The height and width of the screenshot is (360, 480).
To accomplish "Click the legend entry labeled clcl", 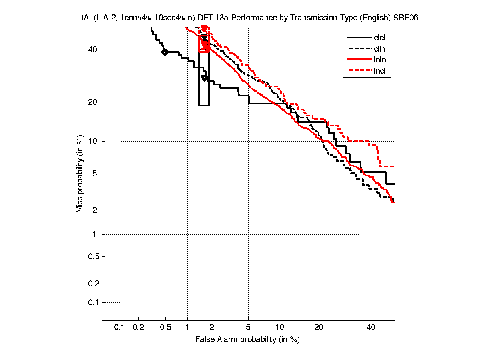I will point(380,38).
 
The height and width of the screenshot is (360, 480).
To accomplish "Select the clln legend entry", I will point(380,49).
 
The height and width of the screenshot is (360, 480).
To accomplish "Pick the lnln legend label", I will point(380,60).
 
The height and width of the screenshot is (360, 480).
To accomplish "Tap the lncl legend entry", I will point(380,72).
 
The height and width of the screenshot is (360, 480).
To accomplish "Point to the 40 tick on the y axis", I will point(92,50).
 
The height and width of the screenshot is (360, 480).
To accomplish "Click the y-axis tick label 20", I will point(92,102).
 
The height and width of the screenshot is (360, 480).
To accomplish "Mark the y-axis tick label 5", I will point(94,174).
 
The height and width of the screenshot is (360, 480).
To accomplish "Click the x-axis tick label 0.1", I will point(120,327).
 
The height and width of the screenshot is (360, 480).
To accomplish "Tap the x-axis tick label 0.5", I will point(165,327).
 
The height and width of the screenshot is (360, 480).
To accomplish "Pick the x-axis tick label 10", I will point(280,327).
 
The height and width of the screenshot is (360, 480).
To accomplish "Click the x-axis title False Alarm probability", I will point(247,340).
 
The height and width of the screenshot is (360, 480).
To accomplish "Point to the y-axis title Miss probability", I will point(80,174).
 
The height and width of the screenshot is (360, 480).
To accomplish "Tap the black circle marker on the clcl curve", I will point(165,52).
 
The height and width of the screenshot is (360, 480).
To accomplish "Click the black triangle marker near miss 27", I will point(204,78).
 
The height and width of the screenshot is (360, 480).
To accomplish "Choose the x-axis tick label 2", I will point(212,327).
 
